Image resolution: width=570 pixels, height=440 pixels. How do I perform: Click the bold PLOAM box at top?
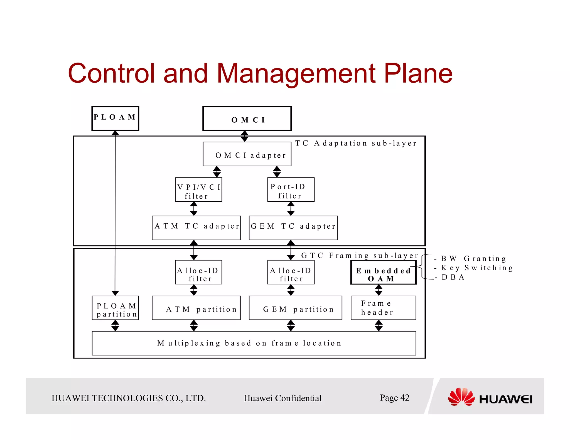pos(115,118)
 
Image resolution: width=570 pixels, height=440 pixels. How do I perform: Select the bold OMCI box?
pos(247,118)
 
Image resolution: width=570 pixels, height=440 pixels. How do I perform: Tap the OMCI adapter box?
pos(247,154)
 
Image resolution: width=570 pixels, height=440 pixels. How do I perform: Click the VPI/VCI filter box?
pos(198,190)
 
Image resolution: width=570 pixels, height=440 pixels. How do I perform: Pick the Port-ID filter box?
pos(291,190)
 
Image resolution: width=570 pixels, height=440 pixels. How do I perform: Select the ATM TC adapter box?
pos(196,228)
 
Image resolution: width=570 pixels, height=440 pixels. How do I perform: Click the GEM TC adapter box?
pos(293,228)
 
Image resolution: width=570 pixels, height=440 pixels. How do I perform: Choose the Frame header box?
pos(383,308)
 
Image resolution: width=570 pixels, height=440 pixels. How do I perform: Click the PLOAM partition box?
pos(115,308)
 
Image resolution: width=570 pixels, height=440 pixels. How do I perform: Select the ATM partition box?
pos(196,308)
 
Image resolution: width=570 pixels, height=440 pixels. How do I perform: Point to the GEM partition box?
pos(295,308)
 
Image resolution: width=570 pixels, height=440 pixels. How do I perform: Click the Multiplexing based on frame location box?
pos(254,343)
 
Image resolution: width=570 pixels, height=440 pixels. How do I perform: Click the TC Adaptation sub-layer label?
pos(356,143)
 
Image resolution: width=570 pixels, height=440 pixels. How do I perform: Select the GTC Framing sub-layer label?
pos(360,256)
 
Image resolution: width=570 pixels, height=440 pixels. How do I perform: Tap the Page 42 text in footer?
pos(394,398)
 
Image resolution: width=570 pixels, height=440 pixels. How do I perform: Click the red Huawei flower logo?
pos(461,397)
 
